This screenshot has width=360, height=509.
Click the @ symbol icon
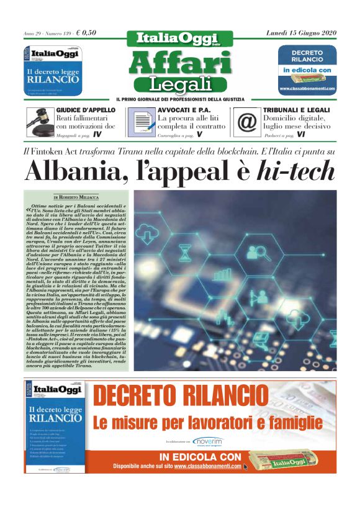tap(246, 122)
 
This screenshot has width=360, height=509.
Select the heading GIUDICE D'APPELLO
tap(86, 110)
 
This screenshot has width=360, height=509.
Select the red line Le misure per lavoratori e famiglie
tap(208, 423)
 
